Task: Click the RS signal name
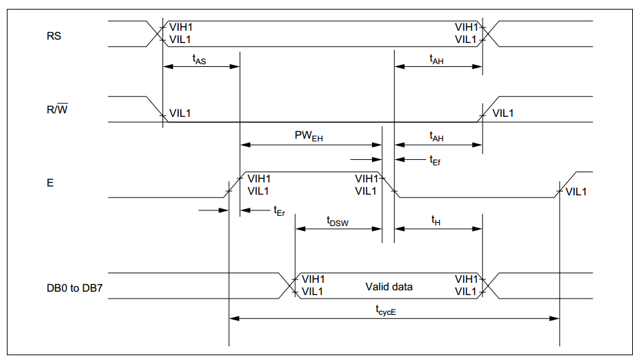coord(53,36)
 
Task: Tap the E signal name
coord(50,184)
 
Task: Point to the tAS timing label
coord(199,60)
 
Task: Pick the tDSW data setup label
coord(337,221)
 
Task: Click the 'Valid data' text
coord(389,286)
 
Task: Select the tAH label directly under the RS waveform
coord(437,60)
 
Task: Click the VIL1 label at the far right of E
coord(576,191)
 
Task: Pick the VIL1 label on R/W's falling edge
coord(180,113)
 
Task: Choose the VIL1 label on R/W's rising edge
coord(503,113)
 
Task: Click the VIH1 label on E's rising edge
coord(259,178)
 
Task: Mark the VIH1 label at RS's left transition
coord(180,27)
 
